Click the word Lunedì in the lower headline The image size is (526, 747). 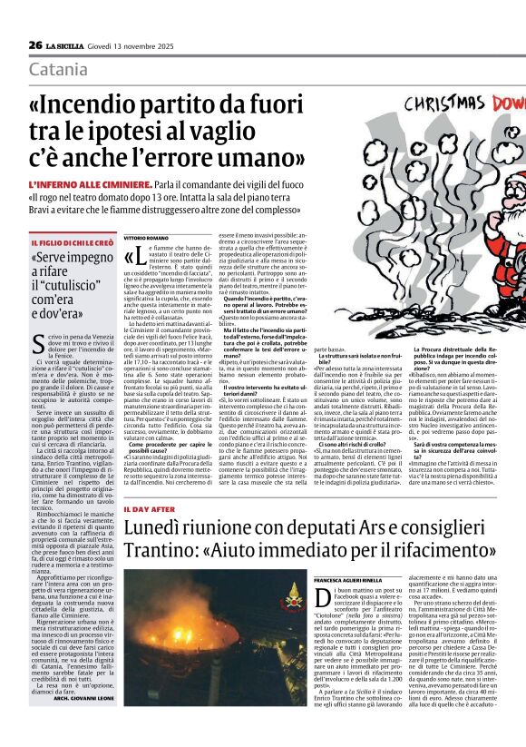[x=156, y=527]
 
